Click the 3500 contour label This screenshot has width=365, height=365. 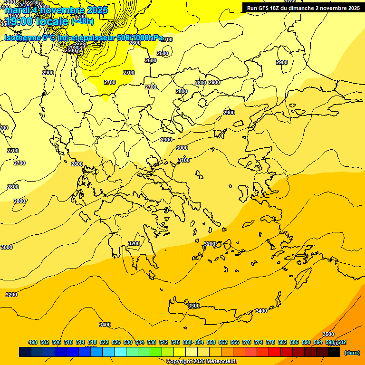(x=328, y=334)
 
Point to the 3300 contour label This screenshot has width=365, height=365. (x=194, y=306)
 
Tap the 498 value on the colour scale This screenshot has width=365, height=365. (x=33, y=342)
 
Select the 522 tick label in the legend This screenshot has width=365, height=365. (x=104, y=342)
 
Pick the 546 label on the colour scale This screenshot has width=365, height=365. (x=175, y=342)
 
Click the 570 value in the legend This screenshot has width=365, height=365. (x=247, y=342)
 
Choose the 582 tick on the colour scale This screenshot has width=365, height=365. (x=282, y=342)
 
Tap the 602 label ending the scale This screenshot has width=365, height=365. (x=341, y=342)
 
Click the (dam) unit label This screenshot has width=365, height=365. (x=352, y=352)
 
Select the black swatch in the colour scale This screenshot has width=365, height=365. (x=334, y=352)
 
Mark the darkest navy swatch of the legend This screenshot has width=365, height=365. (x=25, y=352)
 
